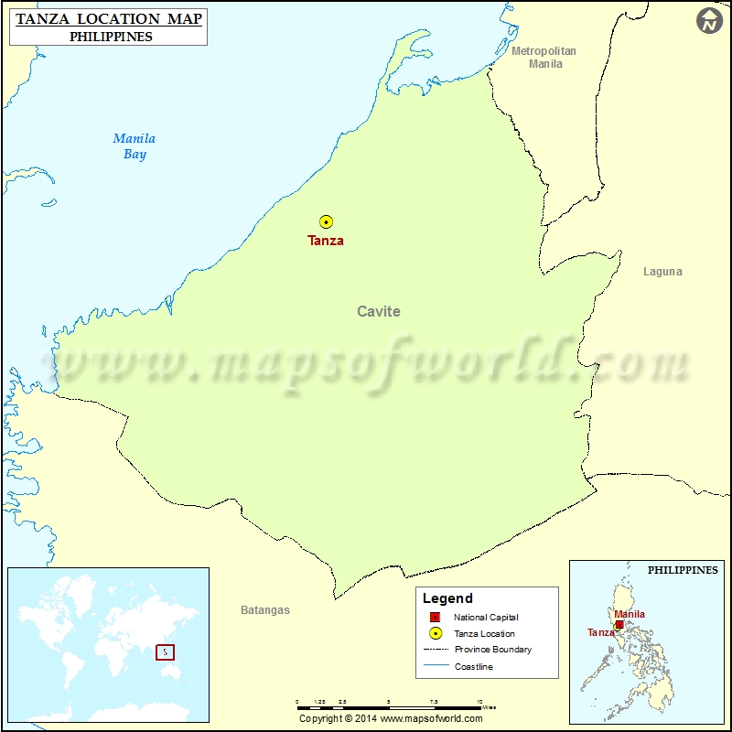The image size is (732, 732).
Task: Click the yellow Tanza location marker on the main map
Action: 326,221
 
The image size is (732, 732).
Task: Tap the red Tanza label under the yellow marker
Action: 326,241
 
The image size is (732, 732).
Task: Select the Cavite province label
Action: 378,311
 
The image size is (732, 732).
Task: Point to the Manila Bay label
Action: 135,146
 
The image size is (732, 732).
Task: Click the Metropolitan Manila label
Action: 544,58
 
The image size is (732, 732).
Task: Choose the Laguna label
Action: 662,272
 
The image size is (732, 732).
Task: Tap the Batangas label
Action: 265,610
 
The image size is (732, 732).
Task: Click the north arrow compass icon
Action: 709,22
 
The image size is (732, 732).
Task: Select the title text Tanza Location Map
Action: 108,18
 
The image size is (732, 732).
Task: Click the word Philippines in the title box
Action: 111,37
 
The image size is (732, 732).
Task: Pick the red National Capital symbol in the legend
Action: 436,618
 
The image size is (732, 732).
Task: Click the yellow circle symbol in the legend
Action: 436,633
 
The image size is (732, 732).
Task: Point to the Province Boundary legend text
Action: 492,650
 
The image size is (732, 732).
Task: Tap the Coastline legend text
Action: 473,666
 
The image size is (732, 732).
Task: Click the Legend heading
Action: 447,598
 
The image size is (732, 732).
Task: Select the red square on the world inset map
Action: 165,652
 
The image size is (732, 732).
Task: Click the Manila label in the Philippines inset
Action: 629,614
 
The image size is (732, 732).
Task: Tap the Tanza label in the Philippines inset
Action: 600,632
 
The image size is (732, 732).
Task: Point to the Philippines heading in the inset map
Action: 683,570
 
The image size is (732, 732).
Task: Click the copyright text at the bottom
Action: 391,718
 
